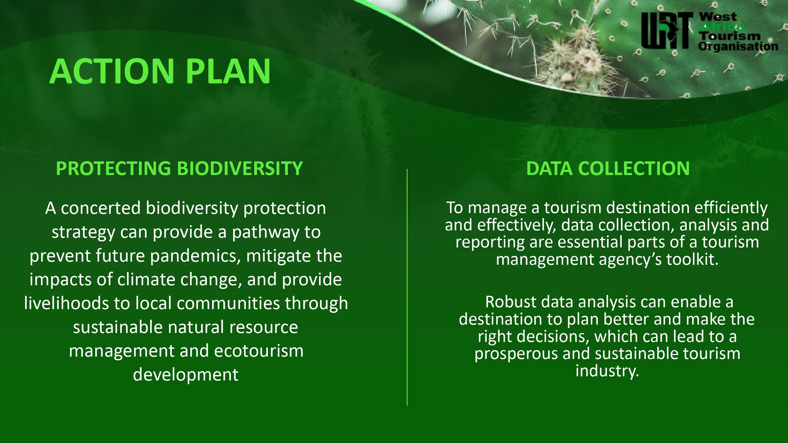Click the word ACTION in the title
pyautogui.click(x=112, y=72)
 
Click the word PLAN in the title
pyautogui.click(x=228, y=72)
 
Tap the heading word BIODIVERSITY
pyautogui.click(x=240, y=168)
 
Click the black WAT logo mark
pyautogui.click(x=667, y=30)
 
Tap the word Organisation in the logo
pyautogui.click(x=738, y=46)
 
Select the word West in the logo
pyautogui.click(x=718, y=17)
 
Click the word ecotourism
pyautogui.click(x=259, y=351)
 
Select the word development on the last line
pyautogui.click(x=186, y=375)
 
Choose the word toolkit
pyautogui.click(x=692, y=259)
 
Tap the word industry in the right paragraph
pyautogui.click(x=608, y=371)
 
